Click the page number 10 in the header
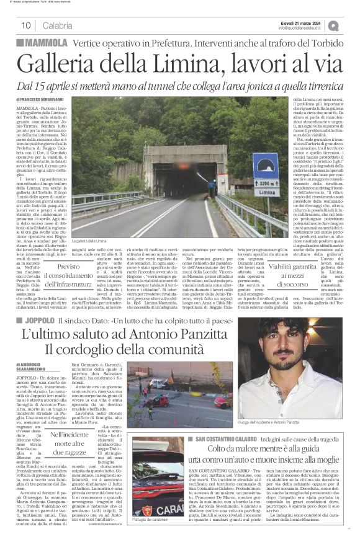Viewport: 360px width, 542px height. pyautogui.click(x=27, y=25)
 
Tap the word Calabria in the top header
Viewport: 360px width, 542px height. pyautogui.click(x=58, y=25)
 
